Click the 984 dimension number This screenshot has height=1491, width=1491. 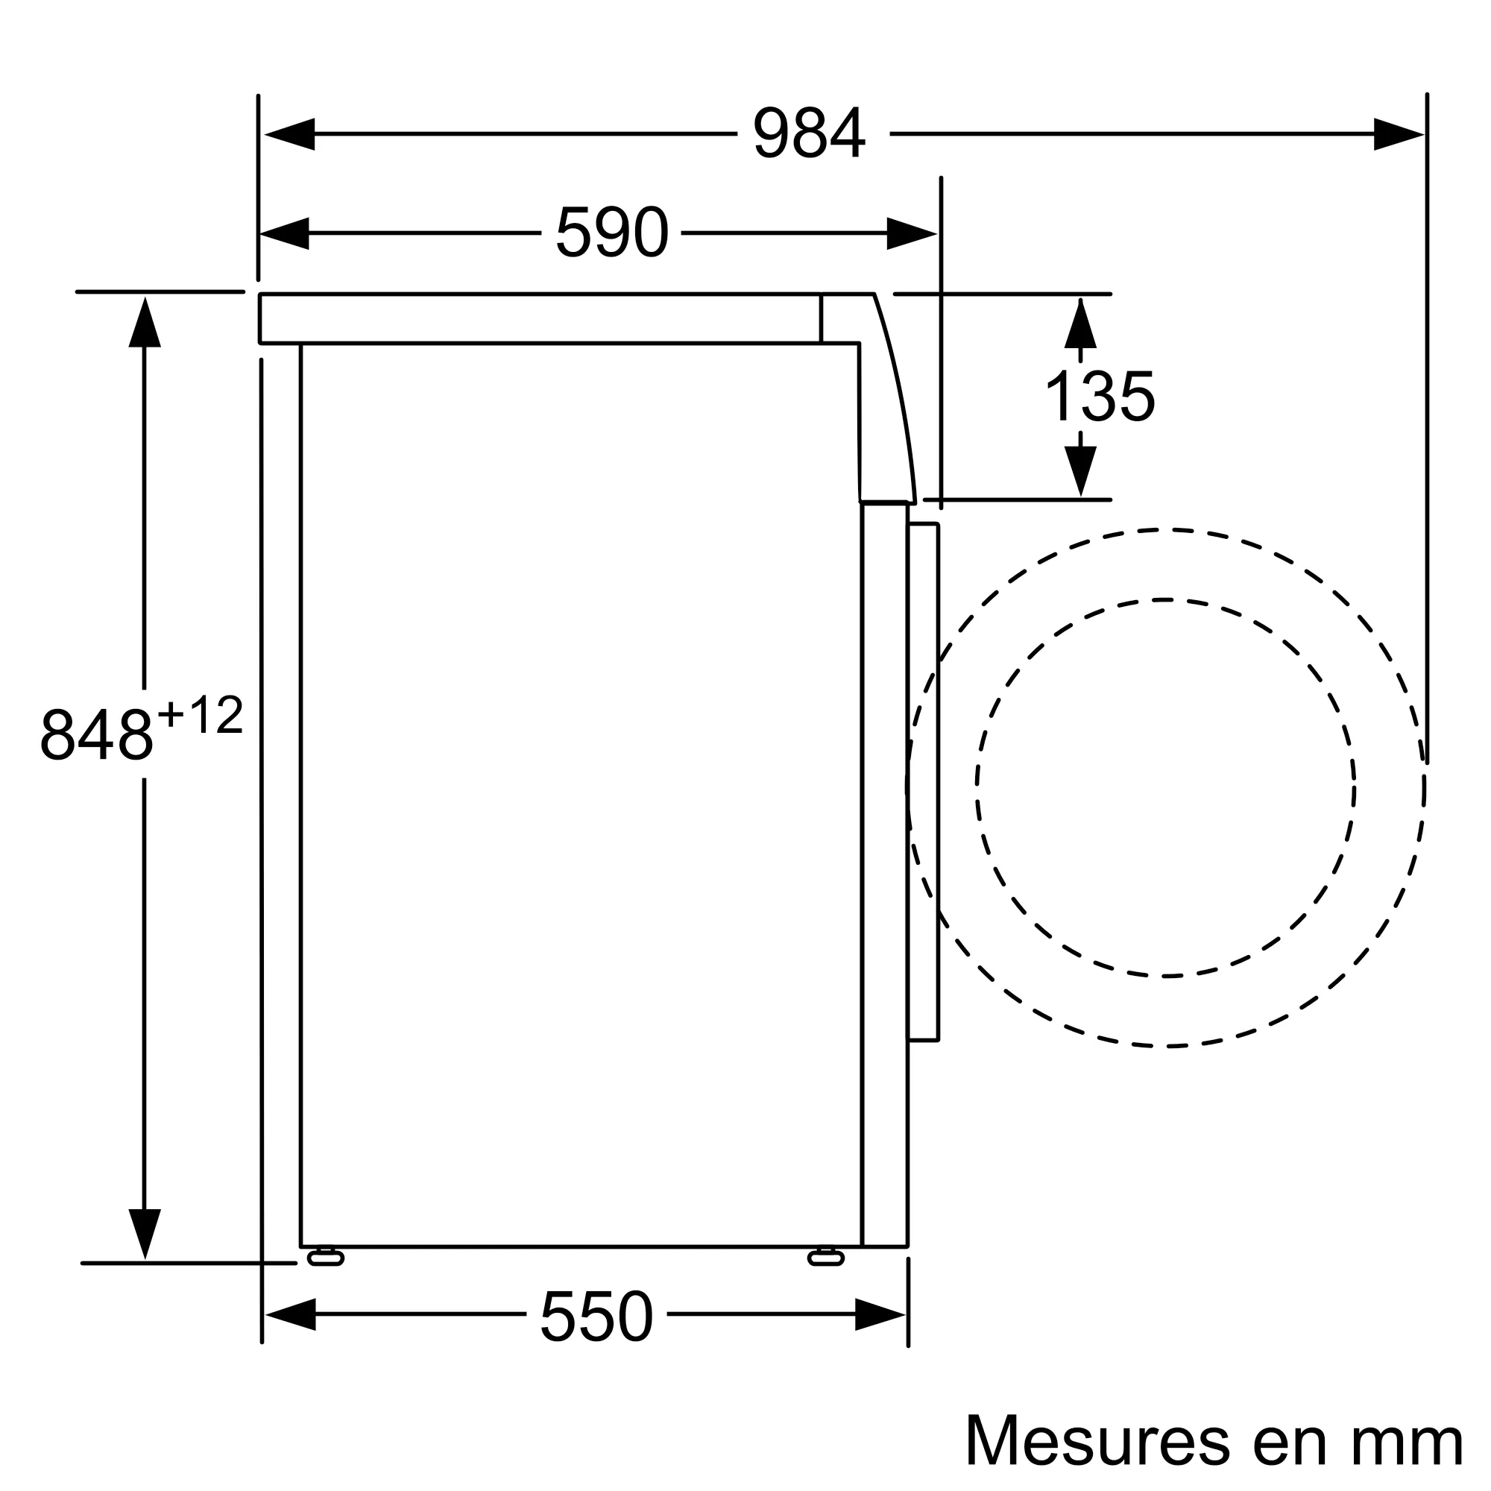pos(809,133)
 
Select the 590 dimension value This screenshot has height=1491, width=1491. pos(611,233)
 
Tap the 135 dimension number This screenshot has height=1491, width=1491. pos(1099,396)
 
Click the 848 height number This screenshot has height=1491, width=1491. pos(97,735)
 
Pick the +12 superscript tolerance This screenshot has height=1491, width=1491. pos(201,716)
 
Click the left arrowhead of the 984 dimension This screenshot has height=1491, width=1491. pos(290,134)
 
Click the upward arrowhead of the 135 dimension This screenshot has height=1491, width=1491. pos(1079,324)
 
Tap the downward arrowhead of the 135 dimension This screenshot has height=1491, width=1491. pos(1079,470)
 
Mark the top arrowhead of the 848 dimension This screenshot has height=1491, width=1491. pos(145,324)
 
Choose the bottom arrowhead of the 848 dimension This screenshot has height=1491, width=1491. pos(145,1232)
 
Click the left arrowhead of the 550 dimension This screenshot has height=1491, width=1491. pos(291,1314)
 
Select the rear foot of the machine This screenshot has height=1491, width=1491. pos(325,1258)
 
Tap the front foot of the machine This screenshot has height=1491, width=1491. pos(826,1258)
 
